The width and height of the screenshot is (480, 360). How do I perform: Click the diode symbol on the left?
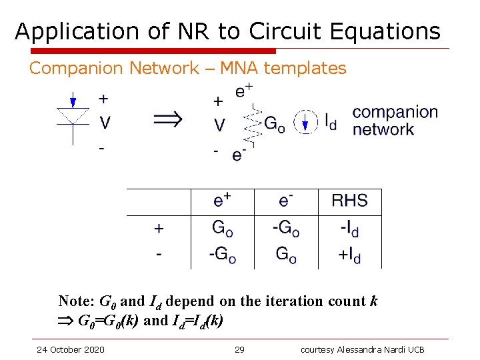(x=73, y=117)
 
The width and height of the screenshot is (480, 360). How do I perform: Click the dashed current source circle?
(x=305, y=123)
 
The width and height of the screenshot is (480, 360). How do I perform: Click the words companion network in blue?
(x=395, y=121)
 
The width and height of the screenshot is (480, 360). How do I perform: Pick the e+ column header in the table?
(x=223, y=201)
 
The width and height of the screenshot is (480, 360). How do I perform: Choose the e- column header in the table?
(x=286, y=201)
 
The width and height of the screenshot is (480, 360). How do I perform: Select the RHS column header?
(x=349, y=201)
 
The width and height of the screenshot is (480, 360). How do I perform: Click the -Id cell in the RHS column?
(x=349, y=229)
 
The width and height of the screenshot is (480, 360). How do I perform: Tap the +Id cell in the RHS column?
(x=349, y=255)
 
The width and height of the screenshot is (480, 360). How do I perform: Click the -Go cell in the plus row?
(x=286, y=229)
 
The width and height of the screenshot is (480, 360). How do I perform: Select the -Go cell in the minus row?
(x=223, y=255)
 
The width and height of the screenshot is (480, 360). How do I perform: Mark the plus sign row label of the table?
(x=159, y=229)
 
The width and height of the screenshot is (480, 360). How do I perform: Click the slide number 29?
(x=240, y=349)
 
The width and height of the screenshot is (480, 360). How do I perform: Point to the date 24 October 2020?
(x=71, y=349)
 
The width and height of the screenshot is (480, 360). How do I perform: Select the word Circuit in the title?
(x=289, y=31)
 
